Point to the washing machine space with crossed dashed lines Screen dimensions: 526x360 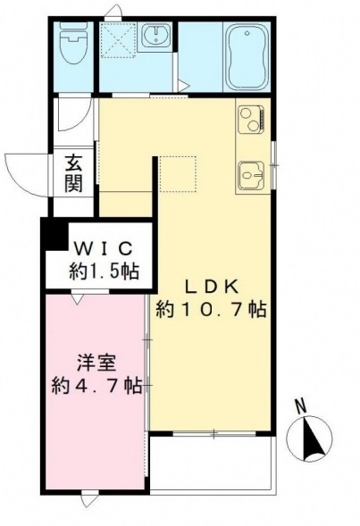click(117, 38)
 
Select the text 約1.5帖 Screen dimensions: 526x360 click(103, 270)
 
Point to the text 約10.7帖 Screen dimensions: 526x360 click(211, 310)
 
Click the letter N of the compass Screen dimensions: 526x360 click(302, 407)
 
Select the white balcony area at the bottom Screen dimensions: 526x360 click(209, 462)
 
